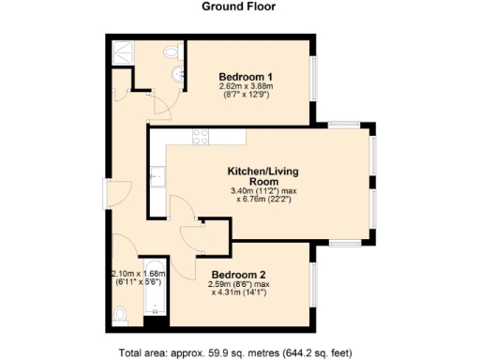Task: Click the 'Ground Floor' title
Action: pos(239,6)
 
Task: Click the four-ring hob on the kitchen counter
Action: pos(201,137)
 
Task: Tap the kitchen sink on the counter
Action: pos(157,174)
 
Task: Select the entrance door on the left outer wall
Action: pos(106,197)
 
